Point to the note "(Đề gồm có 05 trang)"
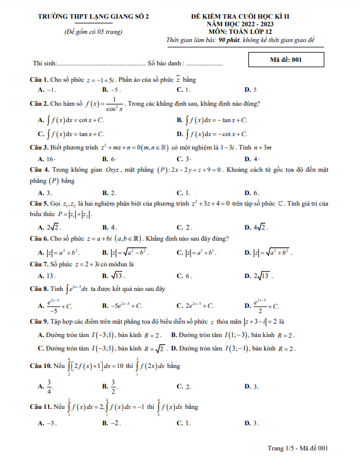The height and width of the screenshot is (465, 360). (94, 32)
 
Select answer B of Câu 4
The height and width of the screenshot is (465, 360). (109, 192)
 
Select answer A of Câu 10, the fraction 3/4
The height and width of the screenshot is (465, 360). (47, 387)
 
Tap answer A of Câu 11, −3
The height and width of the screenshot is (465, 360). (47, 422)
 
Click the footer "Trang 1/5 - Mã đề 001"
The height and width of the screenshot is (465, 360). (297, 447)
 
